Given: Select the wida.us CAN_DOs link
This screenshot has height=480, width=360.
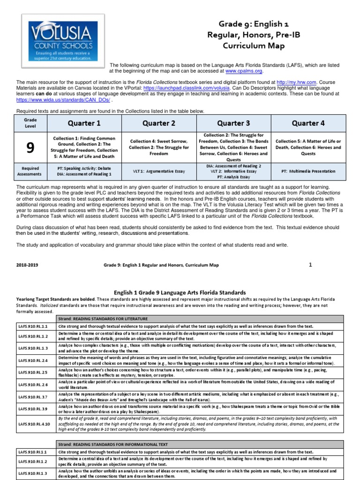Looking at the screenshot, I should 63,100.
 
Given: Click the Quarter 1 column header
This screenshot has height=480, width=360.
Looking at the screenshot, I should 85,123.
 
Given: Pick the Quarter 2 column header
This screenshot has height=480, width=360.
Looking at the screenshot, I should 158,123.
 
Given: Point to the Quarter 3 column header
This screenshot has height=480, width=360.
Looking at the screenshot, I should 233,123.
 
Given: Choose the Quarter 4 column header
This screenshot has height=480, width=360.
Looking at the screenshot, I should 308,123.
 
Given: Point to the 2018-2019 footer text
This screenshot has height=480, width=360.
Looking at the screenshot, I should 27,265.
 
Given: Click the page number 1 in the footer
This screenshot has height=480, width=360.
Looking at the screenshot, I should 310,264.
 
